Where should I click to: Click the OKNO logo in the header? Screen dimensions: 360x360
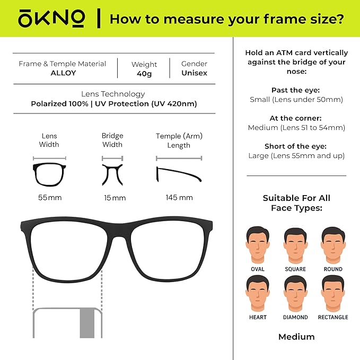[x=51, y=19]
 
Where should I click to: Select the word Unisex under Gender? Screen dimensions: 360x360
[x=194, y=73]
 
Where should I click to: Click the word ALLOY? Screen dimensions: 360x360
[x=63, y=73]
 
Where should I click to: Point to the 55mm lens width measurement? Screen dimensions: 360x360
[x=50, y=198]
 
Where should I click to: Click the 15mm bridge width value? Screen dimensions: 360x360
[x=115, y=198]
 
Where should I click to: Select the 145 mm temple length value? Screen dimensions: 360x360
[x=179, y=198]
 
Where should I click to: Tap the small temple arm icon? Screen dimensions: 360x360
[x=179, y=174]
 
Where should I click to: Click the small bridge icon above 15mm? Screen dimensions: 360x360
[x=112, y=174]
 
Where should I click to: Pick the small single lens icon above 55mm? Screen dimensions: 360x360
[x=50, y=174]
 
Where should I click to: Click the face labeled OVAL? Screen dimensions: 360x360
[x=257, y=244]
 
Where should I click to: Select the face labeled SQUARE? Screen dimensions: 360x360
[x=295, y=244]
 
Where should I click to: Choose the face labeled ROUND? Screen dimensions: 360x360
[x=333, y=244]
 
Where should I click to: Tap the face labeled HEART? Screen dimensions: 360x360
[x=257, y=293]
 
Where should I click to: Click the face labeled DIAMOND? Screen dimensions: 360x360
[x=295, y=293]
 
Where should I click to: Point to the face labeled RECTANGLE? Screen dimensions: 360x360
[x=333, y=293]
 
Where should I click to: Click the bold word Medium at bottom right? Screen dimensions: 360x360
[x=296, y=337]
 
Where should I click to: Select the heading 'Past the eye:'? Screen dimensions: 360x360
[x=296, y=90]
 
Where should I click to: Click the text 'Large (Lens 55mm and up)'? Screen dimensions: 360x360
[x=296, y=156]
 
